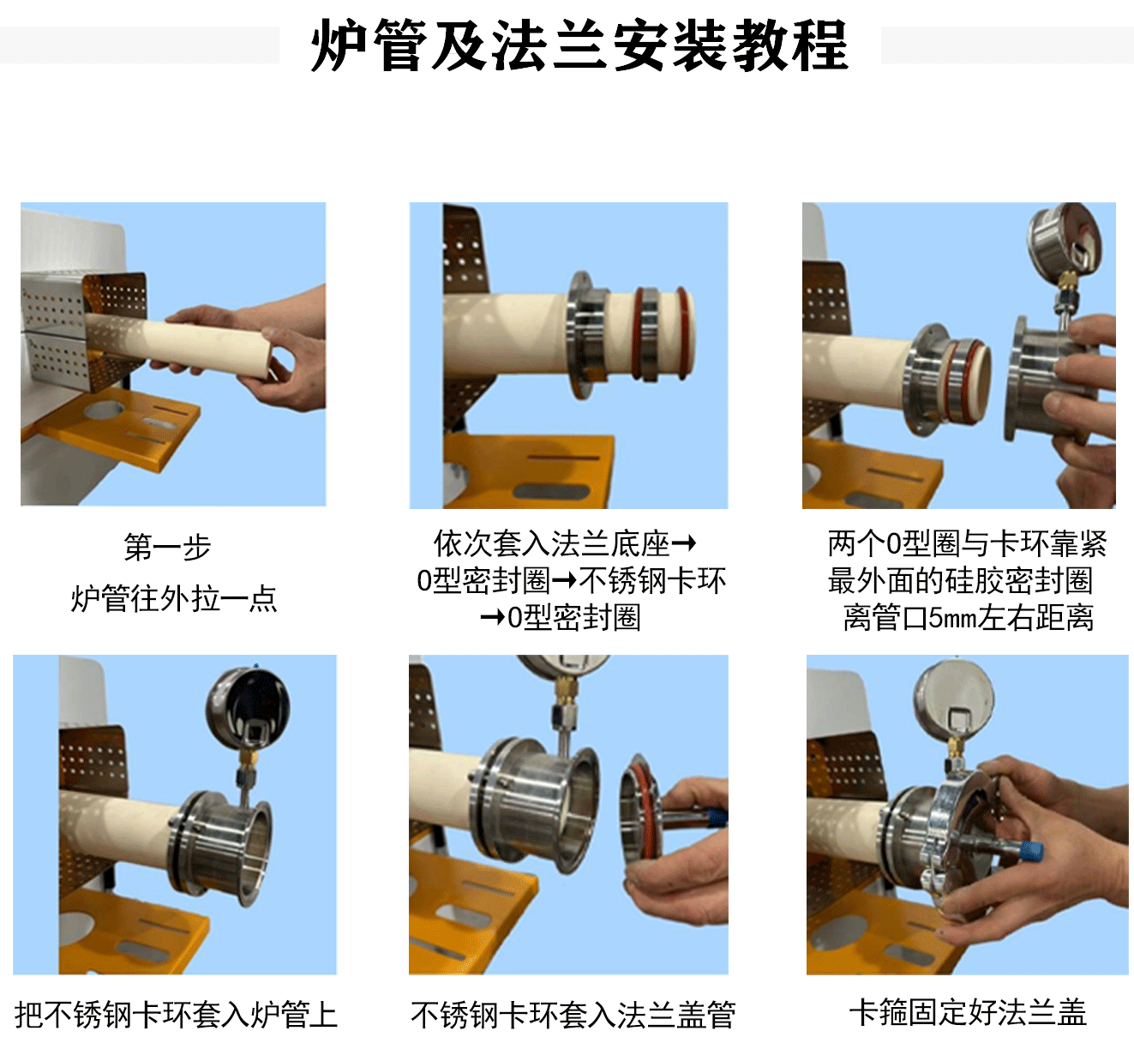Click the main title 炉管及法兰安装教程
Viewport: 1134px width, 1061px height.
pyautogui.click(x=579, y=45)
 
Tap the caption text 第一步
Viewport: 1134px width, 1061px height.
pyautogui.click(x=167, y=547)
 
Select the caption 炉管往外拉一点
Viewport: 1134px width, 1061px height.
pyautogui.click(x=174, y=598)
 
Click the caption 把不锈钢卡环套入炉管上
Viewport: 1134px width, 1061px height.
pyautogui.click(x=176, y=1015)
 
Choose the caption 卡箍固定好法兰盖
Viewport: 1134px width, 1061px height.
pyautogui.click(x=968, y=1012)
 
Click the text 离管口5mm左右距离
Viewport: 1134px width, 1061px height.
pyautogui.click(x=969, y=618)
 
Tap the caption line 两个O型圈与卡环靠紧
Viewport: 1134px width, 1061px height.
pyautogui.click(x=967, y=543)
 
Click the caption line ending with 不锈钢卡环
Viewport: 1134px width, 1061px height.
pyautogui.click(x=571, y=581)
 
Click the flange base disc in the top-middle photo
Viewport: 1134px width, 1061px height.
pyautogui.click(x=578, y=334)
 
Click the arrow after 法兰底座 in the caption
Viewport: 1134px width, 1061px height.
pyautogui.click(x=683, y=542)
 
